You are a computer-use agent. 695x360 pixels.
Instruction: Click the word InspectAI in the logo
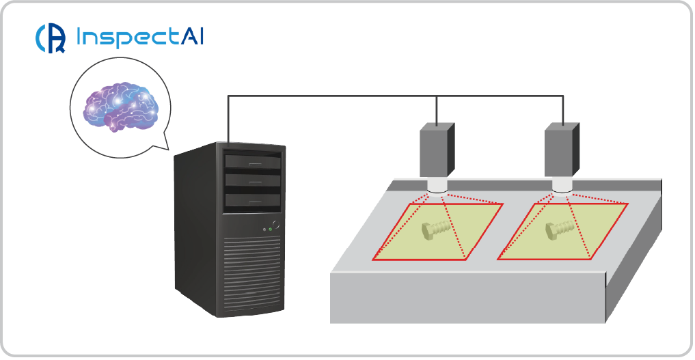click(141, 37)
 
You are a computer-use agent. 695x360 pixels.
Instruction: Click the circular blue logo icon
click(50, 38)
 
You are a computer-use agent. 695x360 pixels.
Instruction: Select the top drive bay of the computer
click(252, 161)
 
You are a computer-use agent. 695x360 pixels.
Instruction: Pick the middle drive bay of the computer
click(252, 180)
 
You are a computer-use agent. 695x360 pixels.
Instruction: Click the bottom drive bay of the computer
click(252, 199)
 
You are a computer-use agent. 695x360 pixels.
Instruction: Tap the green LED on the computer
click(271, 230)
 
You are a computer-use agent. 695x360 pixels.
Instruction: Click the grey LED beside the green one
click(264, 230)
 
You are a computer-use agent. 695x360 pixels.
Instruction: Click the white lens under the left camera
click(437, 186)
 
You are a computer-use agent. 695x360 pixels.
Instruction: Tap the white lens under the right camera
click(562, 186)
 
